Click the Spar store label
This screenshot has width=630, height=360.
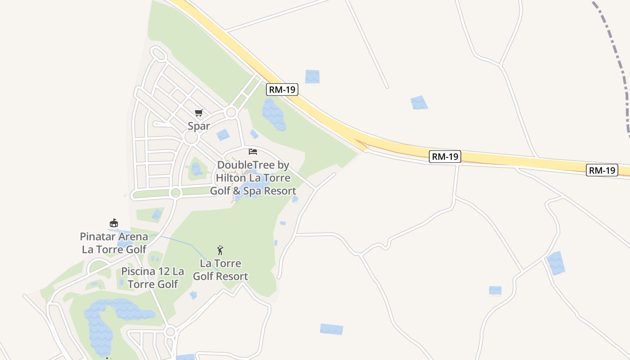(x=199, y=126)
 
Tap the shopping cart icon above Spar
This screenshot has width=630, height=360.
(x=198, y=112)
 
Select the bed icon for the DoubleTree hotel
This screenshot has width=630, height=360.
(x=253, y=152)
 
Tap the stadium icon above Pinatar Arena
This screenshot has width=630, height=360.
(x=114, y=223)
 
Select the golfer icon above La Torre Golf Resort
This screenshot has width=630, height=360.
(x=220, y=250)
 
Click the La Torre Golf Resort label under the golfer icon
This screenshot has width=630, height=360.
(x=220, y=270)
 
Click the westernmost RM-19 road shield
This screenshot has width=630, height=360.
(x=282, y=90)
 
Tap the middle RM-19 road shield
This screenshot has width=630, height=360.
(x=445, y=157)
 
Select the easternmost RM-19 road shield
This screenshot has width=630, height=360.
(x=602, y=170)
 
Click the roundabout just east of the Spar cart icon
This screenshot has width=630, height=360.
(x=231, y=112)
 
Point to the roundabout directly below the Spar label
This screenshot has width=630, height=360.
(x=191, y=138)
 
